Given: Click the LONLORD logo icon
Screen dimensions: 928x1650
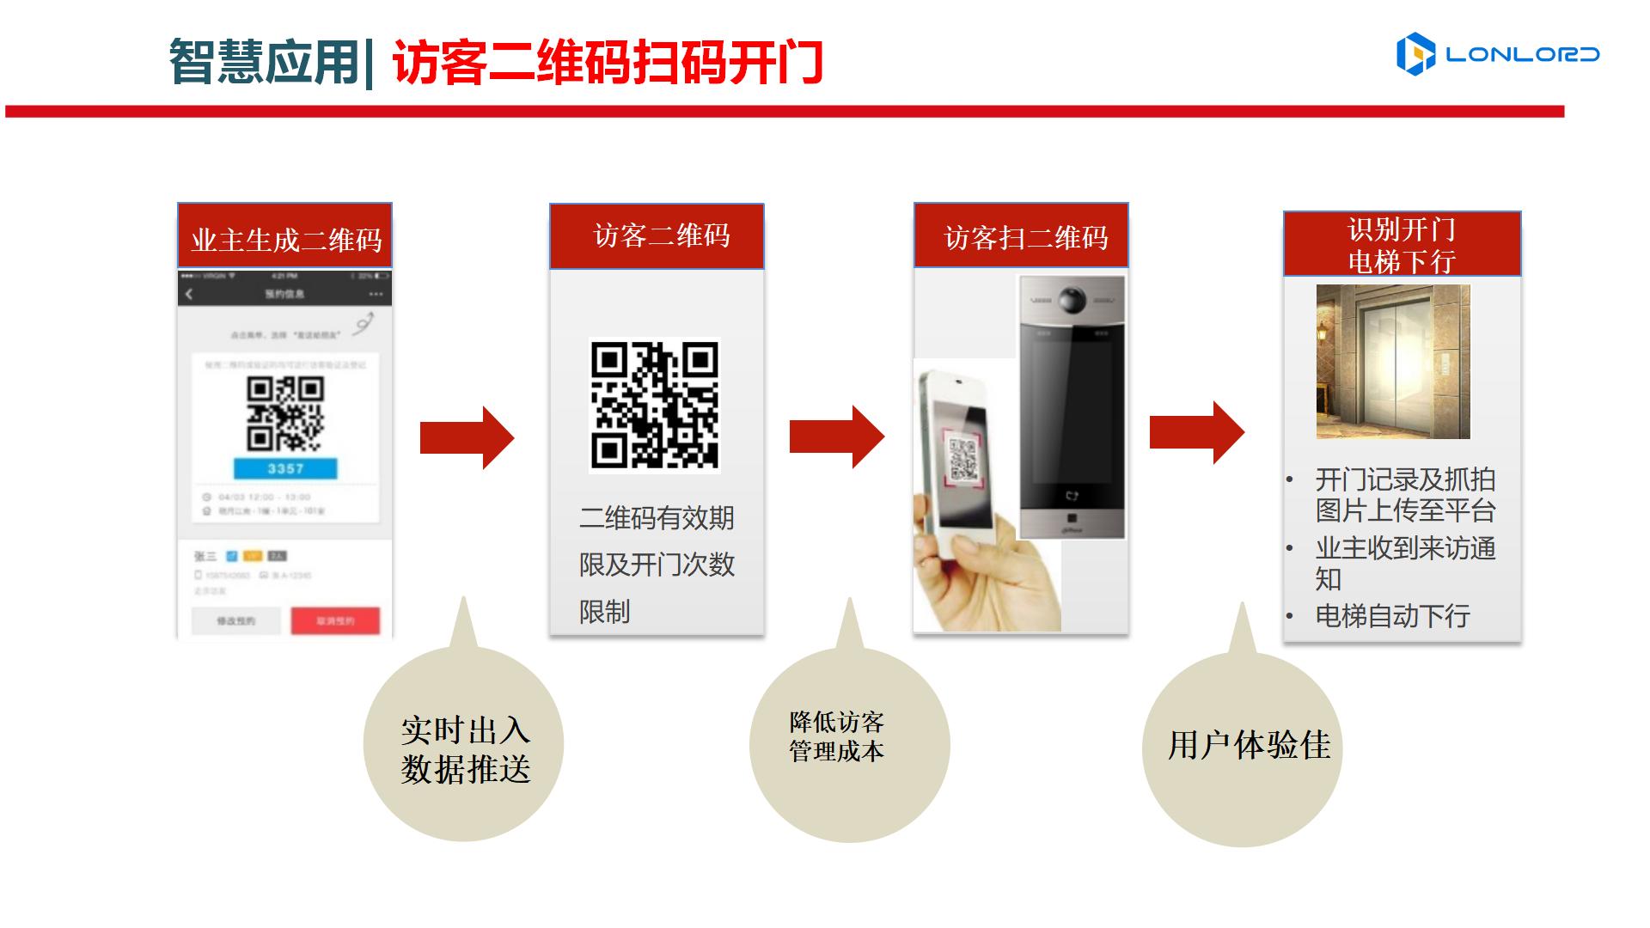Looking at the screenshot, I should pos(1415,54).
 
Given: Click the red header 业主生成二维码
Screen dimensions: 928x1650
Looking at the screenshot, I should pos(285,236).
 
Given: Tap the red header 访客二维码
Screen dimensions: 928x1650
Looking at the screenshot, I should pos(657,236).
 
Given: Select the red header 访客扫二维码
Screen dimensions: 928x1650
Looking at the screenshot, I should pos(1021,236).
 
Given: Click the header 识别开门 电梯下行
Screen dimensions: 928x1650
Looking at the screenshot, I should pos(1402,244).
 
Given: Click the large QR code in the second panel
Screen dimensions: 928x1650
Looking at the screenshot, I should pos(655,405).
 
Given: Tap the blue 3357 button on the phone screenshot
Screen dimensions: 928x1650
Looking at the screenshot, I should pos(285,468).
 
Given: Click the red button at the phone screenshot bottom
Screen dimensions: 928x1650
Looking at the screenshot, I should pos(335,620).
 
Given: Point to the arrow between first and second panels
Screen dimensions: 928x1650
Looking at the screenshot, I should pos(467,438).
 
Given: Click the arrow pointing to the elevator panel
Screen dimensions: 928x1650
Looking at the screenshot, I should pos(1196,432).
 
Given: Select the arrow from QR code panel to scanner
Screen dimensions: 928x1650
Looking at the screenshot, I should pos(836,437).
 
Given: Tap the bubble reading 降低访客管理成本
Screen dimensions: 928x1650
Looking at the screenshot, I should pos(849,744).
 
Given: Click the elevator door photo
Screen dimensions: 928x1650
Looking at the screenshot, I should pos(1393,362).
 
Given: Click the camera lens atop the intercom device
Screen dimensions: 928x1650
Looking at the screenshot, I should pos(1072,301).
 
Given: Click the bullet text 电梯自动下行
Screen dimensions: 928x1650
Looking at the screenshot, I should pos(1392,616).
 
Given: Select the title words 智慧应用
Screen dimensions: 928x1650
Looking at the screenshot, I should pos(263,62).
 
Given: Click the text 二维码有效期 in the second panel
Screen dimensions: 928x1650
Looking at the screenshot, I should pos(657,518).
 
